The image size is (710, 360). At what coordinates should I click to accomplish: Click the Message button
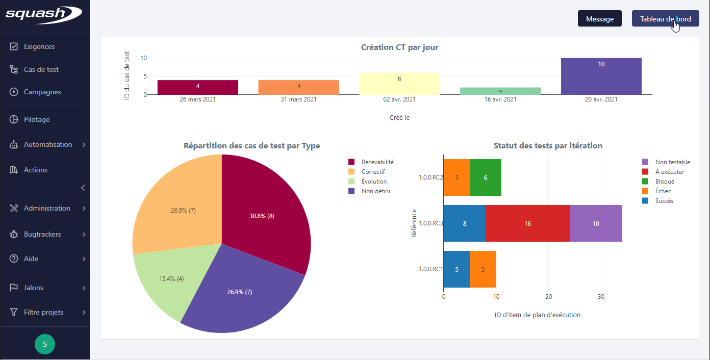coord(599,19)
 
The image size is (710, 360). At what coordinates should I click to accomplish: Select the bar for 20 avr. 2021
coord(601,76)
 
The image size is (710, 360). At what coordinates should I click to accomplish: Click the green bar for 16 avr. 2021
coord(500,91)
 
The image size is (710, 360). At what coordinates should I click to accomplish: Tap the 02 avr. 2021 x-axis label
coord(399,99)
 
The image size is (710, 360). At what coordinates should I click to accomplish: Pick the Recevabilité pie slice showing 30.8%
coord(265,214)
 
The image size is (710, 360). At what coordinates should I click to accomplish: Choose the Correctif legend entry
coord(373,172)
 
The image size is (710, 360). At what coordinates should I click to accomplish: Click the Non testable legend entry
coord(672,162)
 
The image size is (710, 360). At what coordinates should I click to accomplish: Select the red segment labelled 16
coord(527,223)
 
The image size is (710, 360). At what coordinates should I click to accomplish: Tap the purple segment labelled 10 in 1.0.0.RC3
coord(596,223)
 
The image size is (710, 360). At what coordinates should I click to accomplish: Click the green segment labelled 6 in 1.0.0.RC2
coord(485,177)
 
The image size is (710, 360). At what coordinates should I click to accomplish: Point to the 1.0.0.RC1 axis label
coord(430,269)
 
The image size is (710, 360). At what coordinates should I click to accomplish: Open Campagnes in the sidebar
coord(42,92)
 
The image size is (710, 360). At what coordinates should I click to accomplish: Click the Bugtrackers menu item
coord(42,234)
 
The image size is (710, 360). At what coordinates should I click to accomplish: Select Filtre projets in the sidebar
coord(43,312)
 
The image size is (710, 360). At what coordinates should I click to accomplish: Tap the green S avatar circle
coord(45,344)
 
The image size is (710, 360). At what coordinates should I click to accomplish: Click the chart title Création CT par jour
coord(399,47)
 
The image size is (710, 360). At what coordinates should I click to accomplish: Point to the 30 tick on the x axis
coord(601,297)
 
